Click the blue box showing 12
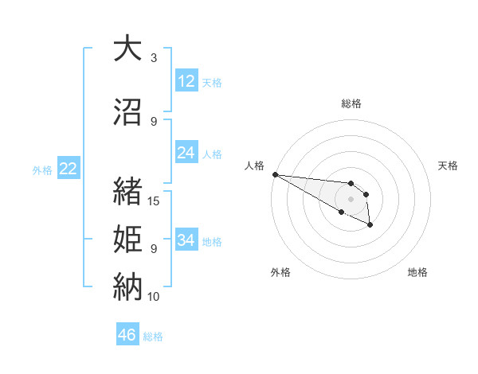click(x=186, y=81)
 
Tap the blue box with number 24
click(x=186, y=153)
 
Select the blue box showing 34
click(x=186, y=240)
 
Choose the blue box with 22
click(x=68, y=169)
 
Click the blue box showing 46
click(x=127, y=335)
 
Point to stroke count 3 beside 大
click(x=153, y=58)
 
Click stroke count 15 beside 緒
click(x=154, y=201)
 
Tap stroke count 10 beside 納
click(x=154, y=296)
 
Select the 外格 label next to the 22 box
click(x=42, y=169)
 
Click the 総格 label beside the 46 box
click(x=153, y=337)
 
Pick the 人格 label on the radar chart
click(x=255, y=166)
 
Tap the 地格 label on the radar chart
click(x=417, y=272)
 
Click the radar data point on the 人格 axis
click(x=275, y=174)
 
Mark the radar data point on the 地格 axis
click(x=370, y=226)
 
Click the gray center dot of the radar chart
click(x=351, y=199)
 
